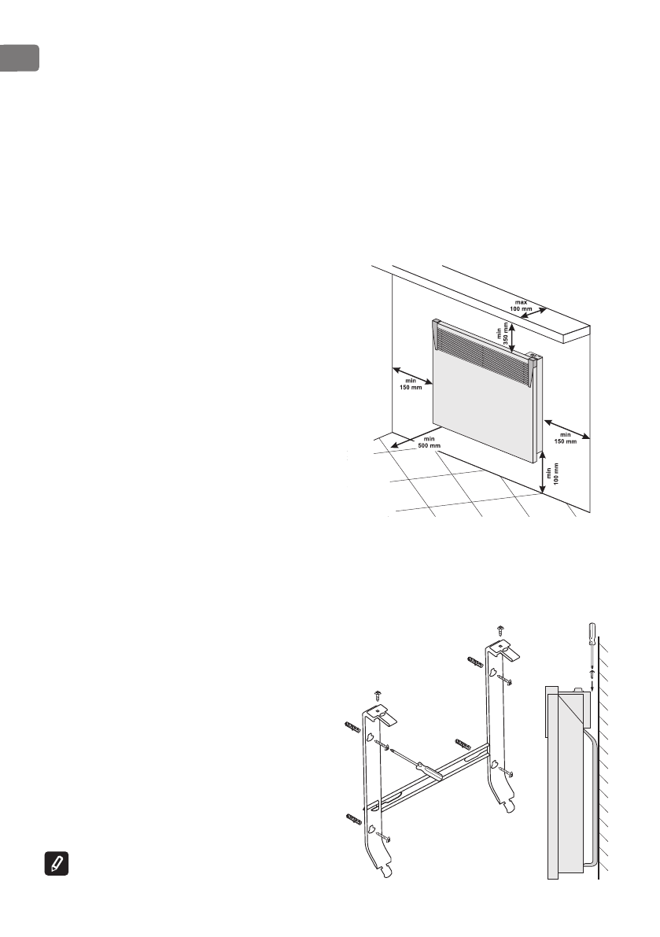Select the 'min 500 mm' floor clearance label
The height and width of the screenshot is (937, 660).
coord(430,442)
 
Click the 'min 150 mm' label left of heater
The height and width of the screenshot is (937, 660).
coord(411,383)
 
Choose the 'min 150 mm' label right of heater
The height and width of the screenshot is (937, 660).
coord(566,437)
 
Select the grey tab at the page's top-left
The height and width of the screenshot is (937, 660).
coord(19,58)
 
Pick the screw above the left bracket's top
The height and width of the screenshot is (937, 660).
coord(376,695)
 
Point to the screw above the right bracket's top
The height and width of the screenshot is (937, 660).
coord(500,629)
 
